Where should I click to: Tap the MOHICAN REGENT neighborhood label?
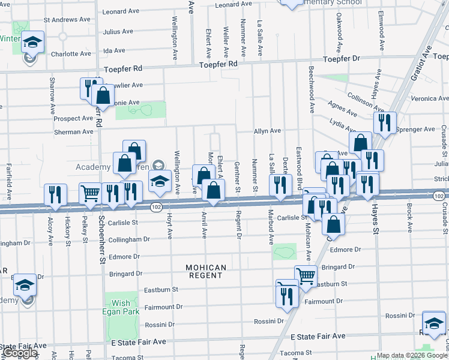pos(205,271)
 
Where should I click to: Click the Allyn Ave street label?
pos(267,131)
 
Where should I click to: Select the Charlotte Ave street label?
pos(70,53)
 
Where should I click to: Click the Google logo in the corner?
pos(20,353)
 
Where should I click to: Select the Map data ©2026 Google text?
pos(412,355)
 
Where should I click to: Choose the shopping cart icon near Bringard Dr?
pos(306,276)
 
